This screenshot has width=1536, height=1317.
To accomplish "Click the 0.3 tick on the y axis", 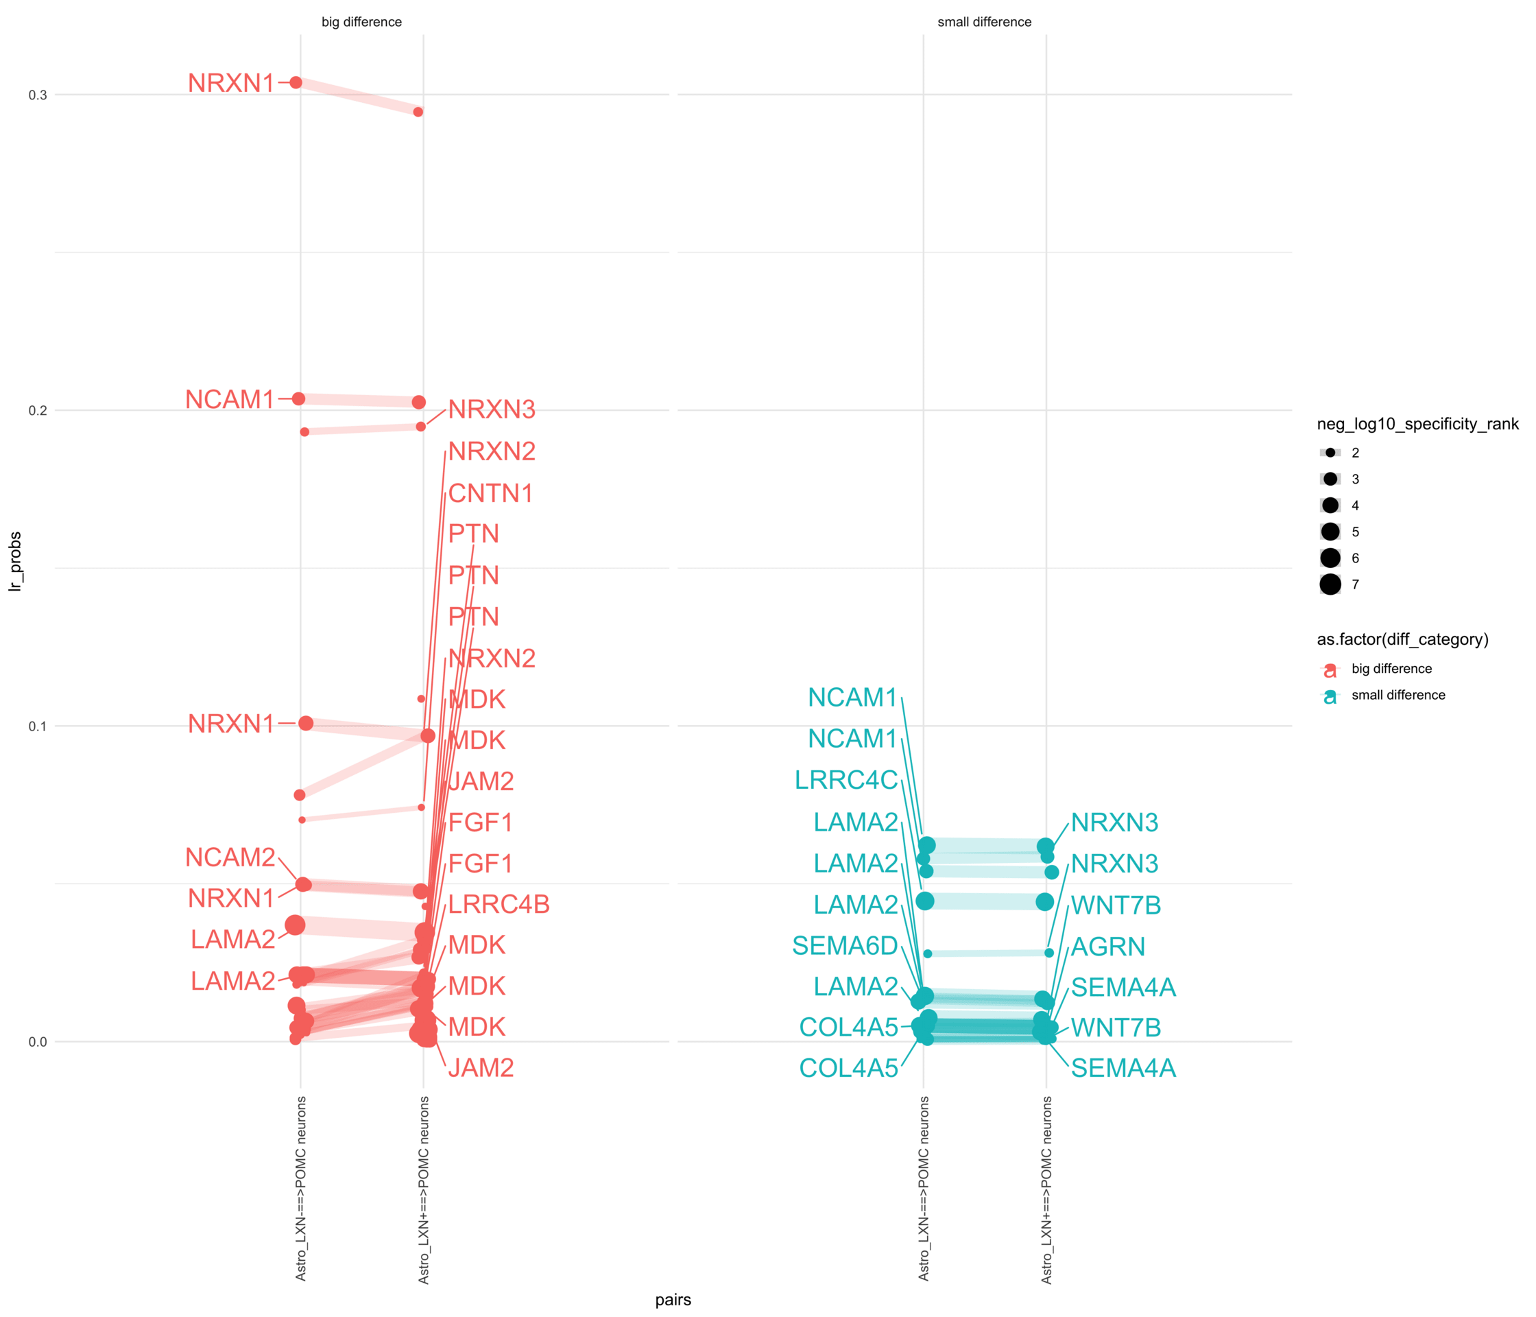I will click(x=37, y=95).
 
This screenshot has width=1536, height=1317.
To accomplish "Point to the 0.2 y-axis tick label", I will click(x=37, y=411).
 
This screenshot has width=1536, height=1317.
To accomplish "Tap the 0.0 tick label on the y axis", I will click(x=37, y=1042).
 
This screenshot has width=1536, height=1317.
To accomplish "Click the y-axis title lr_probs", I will click(x=15, y=561).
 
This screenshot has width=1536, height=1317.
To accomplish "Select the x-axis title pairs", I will click(x=673, y=1299).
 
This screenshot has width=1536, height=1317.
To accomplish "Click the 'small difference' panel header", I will click(x=984, y=22).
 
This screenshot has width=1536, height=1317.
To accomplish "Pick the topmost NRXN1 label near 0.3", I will click(x=230, y=83).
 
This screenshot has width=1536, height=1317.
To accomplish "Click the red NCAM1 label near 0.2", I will click(x=230, y=400).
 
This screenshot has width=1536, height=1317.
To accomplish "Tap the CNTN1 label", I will click(x=491, y=493).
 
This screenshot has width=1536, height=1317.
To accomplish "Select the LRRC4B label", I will click(x=499, y=904).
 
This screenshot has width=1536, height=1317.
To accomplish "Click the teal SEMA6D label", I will click(x=844, y=945).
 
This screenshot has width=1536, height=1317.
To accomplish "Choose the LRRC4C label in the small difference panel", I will click(x=846, y=780).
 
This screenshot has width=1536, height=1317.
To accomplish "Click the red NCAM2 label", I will click(x=230, y=857).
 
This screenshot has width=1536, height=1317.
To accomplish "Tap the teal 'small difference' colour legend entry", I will click(x=1397, y=695).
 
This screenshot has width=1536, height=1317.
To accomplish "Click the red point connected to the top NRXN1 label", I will click(x=296, y=82).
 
